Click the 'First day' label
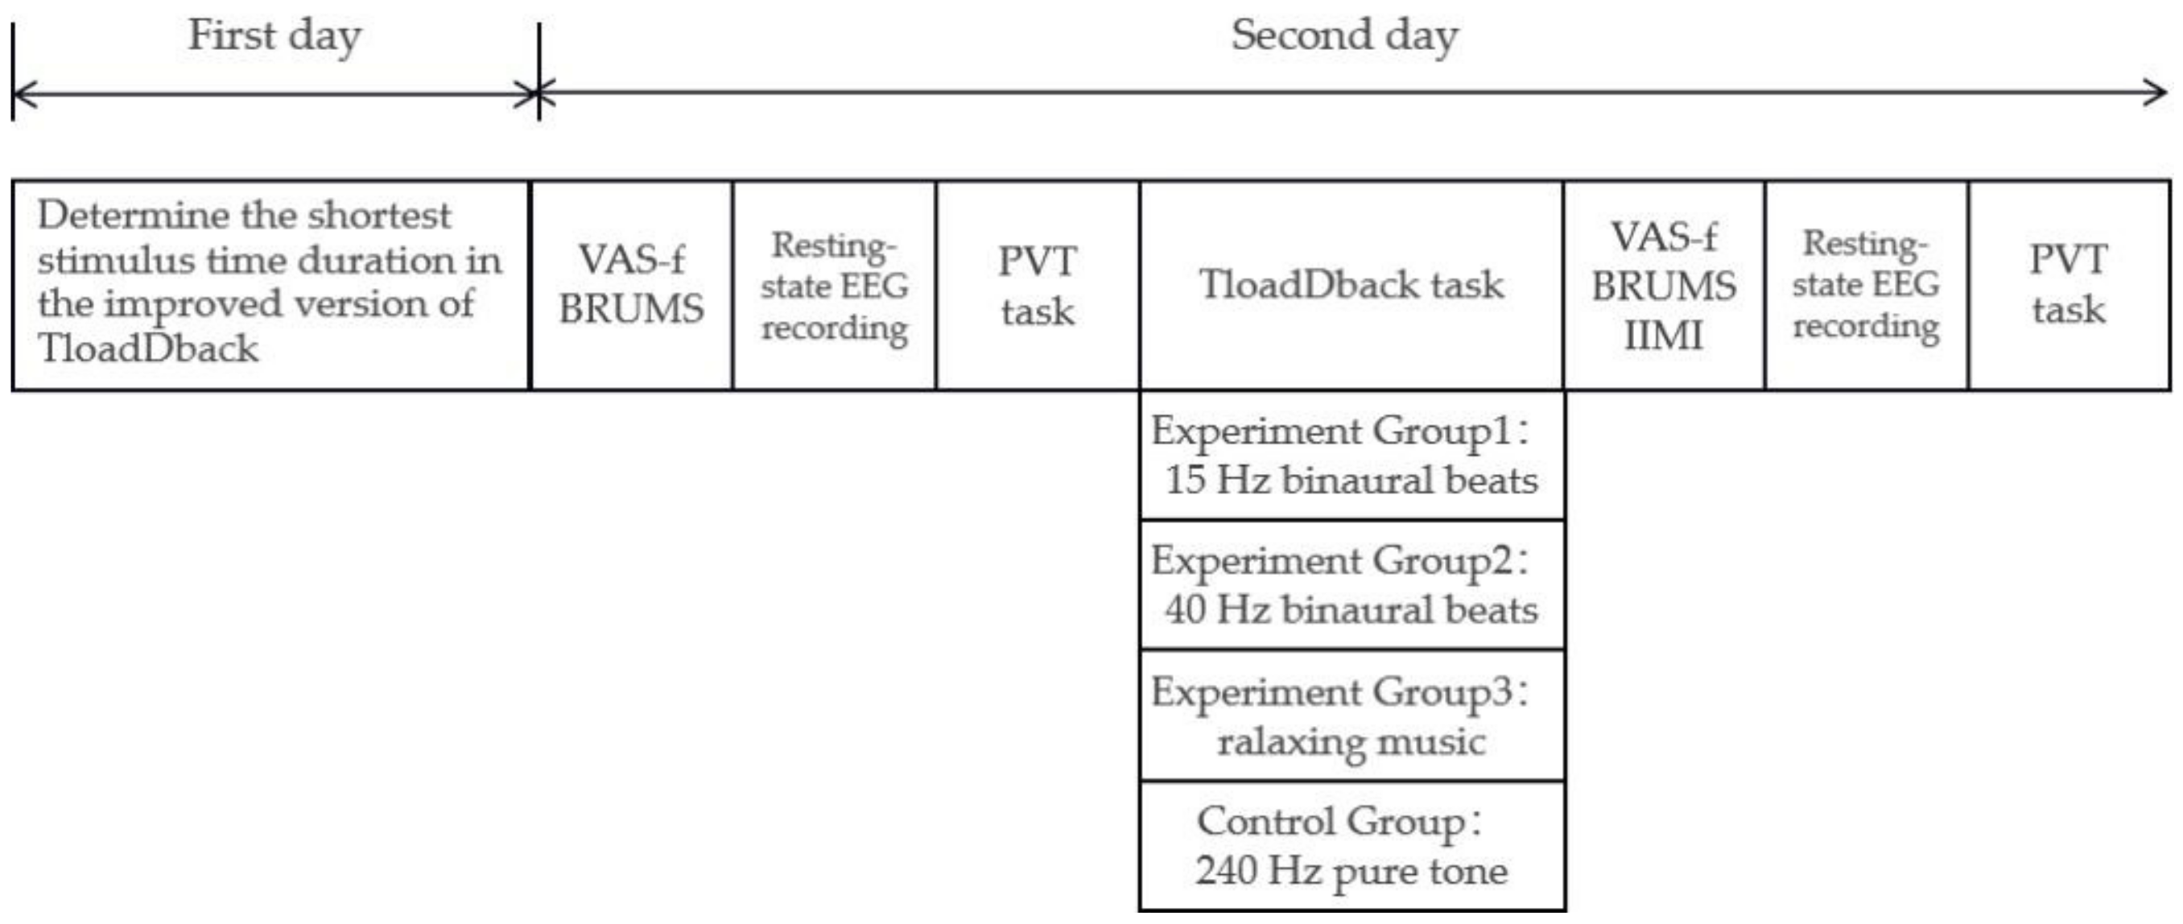[274, 36]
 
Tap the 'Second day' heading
[1344, 36]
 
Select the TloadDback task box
[1351, 285]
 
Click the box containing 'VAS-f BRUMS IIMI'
[1664, 285]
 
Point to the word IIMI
[1663, 336]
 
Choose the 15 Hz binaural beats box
[1351, 456]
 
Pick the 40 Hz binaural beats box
[1351, 585]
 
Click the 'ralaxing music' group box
[1351, 716]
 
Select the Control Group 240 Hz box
[1351, 845]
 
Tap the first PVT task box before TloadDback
[1038, 285]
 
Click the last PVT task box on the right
[2069, 285]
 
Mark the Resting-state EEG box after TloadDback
[1866, 285]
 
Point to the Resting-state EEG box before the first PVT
[834, 285]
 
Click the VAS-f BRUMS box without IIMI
[631, 285]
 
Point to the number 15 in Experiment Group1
[1185, 481]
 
